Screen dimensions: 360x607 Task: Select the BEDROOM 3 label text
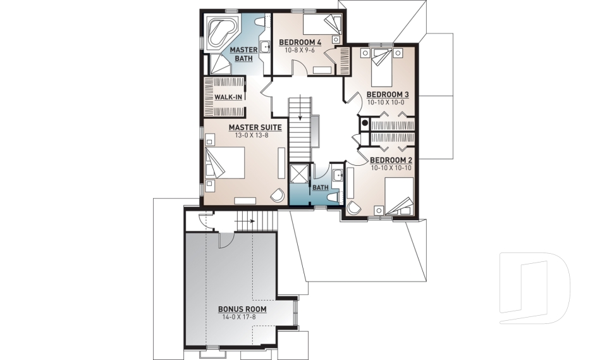(x=388, y=95)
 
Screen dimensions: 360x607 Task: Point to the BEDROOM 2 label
(x=391, y=160)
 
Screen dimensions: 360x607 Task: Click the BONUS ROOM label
(x=242, y=309)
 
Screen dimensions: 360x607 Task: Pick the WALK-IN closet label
(x=228, y=97)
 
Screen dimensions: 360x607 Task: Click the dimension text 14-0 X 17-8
(x=242, y=317)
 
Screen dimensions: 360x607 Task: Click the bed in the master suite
(x=226, y=164)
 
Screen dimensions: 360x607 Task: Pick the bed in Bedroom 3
(x=383, y=66)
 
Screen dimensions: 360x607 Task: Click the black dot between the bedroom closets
(x=365, y=121)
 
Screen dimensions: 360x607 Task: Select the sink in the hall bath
(x=338, y=175)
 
